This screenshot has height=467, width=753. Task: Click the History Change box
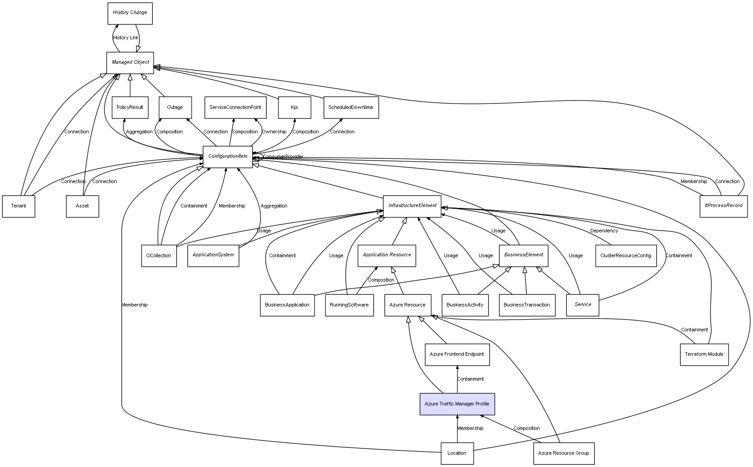[x=130, y=13]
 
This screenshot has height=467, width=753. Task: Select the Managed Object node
[x=130, y=62]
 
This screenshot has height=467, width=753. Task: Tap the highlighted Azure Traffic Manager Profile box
[x=457, y=404]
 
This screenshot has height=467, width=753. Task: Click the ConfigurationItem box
[x=228, y=156]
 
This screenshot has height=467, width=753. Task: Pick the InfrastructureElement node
[x=412, y=206]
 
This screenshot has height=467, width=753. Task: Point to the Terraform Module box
[x=704, y=354]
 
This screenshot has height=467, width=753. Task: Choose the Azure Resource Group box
[x=564, y=453]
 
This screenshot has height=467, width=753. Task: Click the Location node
[x=457, y=453]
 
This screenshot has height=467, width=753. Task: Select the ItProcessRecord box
[x=723, y=206]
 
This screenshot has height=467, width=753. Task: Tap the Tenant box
[x=19, y=206]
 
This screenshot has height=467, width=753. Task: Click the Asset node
[x=82, y=206]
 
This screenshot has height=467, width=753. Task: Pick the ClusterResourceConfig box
[x=626, y=256]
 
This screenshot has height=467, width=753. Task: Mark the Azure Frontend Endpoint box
[x=457, y=354]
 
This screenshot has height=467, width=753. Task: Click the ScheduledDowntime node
[x=351, y=108]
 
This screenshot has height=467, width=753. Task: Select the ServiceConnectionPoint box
[x=235, y=108]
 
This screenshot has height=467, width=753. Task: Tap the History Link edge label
[x=126, y=38]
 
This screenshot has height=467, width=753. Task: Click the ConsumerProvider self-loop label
[x=283, y=157]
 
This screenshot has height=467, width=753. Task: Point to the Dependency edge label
[x=604, y=231]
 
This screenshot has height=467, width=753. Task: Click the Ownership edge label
[x=274, y=132]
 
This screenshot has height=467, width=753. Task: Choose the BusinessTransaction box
[x=527, y=305]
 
